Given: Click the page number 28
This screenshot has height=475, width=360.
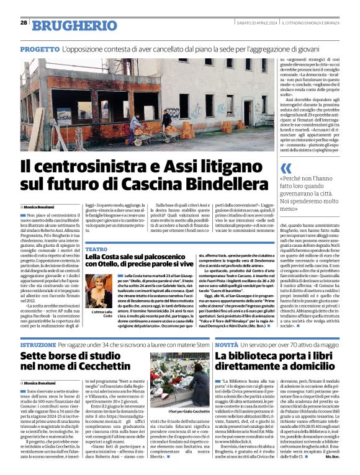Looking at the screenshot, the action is [x=24, y=22].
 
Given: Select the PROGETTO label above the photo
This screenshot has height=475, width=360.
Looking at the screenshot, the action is [x=40, y=48].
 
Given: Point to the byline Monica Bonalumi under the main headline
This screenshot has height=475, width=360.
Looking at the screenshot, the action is [x=40, y=206].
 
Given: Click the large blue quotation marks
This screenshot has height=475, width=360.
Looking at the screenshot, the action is [x=286, y=167].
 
